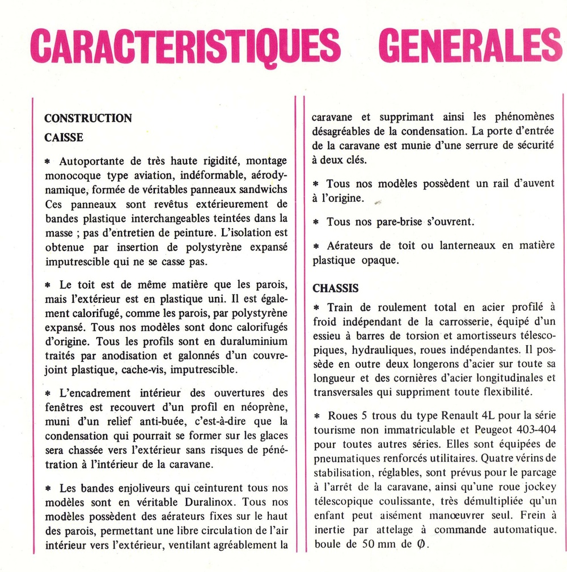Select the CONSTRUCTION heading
click(x=88, y=118)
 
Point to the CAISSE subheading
click(x=64, y=137)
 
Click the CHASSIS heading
click(x=336, y=289)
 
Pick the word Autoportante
click(x=90, y=161)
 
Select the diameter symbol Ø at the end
click(x=420, y=543)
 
